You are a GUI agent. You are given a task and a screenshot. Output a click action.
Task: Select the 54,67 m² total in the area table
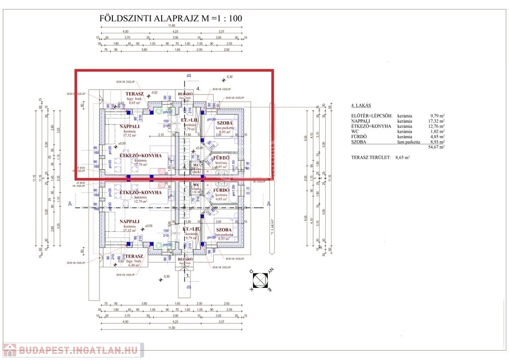(x=435, y=147)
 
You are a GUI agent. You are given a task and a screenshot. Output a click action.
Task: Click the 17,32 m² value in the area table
(x=435, y=121)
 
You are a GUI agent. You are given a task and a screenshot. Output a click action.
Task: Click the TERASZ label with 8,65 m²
(x=134, y=93)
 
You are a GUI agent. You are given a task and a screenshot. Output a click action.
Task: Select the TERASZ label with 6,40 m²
(x=134, y=256)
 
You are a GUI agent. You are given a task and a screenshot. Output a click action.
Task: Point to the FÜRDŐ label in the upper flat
(x=221, y=158)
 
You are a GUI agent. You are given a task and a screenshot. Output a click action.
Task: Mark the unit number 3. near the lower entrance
(x=187, y=274)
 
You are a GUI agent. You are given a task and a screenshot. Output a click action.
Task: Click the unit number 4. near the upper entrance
(x=198, y=89)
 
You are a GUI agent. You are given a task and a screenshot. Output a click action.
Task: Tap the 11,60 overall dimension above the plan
(x=171, y=25)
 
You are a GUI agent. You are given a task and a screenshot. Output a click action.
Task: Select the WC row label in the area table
(x=354, y=131)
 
